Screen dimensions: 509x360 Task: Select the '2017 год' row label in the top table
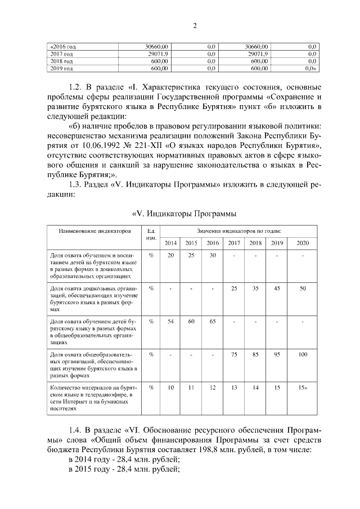62,53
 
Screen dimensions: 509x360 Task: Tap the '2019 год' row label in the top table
62,68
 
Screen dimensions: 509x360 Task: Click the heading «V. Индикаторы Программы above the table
183,214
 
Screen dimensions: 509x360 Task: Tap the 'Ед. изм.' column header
151,234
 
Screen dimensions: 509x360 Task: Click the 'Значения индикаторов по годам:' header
239,231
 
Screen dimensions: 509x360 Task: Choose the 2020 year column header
303,242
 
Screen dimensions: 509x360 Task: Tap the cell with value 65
212,322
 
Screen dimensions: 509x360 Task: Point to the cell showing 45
276,288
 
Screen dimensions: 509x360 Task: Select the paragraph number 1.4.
75,428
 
